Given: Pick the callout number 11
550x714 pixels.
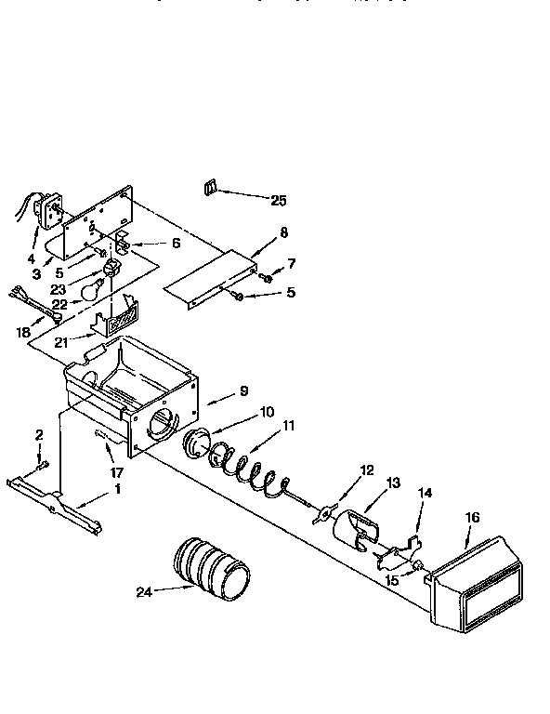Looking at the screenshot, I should (289, 426).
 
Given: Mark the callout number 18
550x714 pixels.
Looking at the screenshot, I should (23, 332).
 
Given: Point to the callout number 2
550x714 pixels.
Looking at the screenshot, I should (40, 434).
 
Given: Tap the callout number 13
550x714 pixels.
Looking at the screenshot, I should (393, 483).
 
